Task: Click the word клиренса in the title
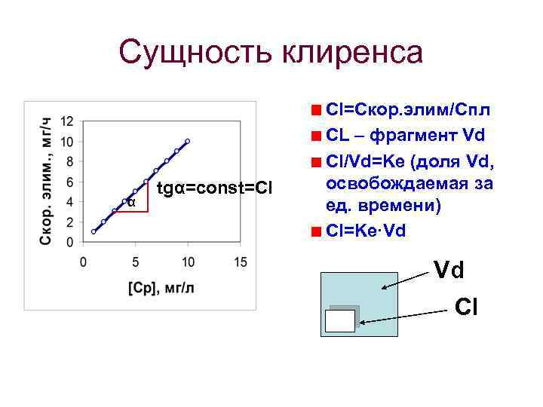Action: [x=352, y=54]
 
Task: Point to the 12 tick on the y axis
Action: [x=67, y=121]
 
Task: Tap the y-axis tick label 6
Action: [x=69, y=182]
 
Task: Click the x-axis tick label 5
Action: [x=136, y=262]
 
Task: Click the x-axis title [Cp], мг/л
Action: [x=161, y=289]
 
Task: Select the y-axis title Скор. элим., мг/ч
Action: [x=46, y=181]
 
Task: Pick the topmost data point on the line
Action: [x=187, y=141]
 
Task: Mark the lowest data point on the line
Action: [x=94, y=232]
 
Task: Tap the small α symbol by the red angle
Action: [x=131, y=202]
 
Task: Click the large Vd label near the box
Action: [x=449, y=269]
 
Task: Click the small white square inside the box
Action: [x=339, y=321]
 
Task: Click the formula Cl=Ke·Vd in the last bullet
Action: [x=367, y=231]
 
